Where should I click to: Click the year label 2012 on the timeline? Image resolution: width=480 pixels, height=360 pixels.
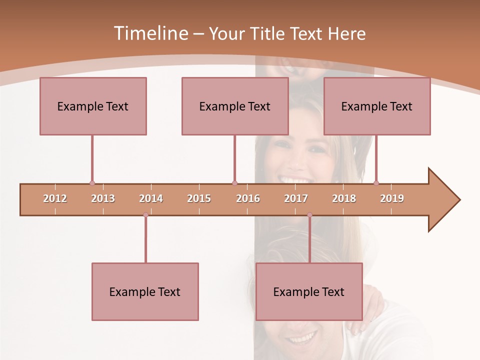(x=55, y=198)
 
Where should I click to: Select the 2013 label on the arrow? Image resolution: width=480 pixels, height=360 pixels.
(x=103, y=198)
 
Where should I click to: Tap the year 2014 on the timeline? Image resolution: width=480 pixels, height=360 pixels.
(x=151, y=198)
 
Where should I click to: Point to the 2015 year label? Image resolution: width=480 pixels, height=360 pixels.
(x=199, y=198)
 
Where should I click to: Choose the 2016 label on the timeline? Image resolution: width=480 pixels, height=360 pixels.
(x=248, y=198)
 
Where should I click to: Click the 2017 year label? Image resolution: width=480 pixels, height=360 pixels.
(x=296, y=198)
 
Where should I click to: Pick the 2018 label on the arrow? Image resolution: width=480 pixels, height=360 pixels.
(x=344, y=198)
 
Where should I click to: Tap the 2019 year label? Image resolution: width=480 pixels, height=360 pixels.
(x=392, y=198)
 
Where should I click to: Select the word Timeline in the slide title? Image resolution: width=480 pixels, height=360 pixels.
(x=150, y=33)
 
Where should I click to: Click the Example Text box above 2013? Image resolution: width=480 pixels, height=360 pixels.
(x=93, y=106)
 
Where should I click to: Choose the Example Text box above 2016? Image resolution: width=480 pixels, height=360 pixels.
(x=235, y=106)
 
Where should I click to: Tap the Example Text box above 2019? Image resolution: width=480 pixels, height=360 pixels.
(x=377, y=106)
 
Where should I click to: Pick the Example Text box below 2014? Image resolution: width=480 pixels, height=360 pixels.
(x=145, y=291)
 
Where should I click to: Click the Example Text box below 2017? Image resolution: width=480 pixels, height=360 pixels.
(x=309, y=291)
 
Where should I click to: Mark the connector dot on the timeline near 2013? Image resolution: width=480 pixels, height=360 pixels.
(x=92, y=183)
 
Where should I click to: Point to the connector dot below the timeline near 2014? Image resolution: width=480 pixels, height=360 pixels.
(x=145, y=215)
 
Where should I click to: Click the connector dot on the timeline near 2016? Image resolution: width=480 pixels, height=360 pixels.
(x=235, y=183)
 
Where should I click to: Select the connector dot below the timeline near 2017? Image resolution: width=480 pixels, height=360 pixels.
(x=309, y=215)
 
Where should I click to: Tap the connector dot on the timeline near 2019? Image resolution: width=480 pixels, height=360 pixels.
(x=376, y=183)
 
